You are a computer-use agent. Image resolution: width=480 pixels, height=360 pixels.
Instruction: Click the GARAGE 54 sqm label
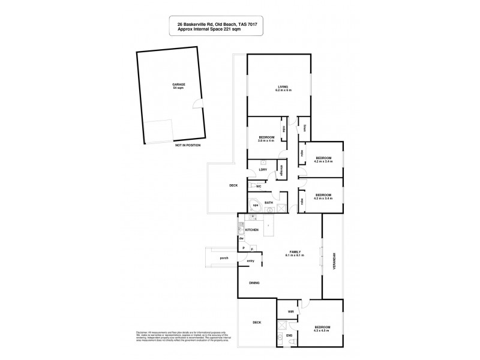coord(179,86)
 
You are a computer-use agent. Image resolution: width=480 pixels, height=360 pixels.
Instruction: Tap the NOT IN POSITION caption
coord(188,145)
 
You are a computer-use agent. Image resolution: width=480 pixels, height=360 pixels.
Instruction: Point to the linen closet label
coord(304,127)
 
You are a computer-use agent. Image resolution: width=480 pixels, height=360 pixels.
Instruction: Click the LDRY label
coord(262,169)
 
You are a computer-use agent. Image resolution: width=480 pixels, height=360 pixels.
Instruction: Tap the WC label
coord(259,187)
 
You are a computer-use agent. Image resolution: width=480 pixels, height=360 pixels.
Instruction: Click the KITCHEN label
coord(252,230)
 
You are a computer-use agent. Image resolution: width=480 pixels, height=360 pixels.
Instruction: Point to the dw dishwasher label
coord(241,239)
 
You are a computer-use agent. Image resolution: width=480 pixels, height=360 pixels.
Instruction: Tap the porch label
coord(224,259)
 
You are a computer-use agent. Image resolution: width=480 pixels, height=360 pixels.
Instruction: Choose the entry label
coord(250,260)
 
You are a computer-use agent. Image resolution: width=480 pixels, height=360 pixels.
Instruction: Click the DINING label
coord(254,284)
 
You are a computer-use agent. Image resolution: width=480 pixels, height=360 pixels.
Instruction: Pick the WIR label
coord(290,312)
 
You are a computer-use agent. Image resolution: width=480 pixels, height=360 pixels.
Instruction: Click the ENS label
coord(289,335)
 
